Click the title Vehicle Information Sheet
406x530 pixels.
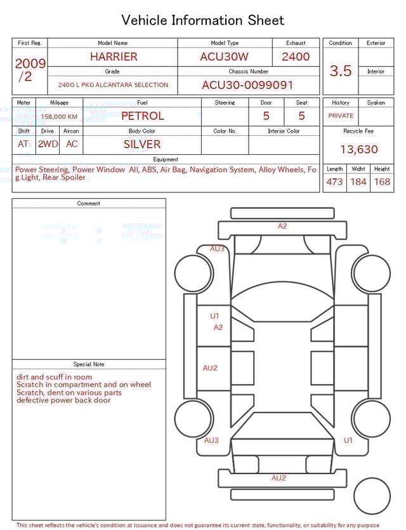203,20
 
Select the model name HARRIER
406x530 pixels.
113,56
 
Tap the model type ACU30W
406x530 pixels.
225,56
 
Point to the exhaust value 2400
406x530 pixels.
296,56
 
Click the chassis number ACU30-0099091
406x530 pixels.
247,85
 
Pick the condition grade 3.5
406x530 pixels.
341,71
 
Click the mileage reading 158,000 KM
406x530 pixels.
59,117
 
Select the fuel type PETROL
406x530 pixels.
142,116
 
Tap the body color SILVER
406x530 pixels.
142,144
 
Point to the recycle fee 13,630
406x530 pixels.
358,150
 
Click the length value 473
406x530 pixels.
334,182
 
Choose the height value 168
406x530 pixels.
382,182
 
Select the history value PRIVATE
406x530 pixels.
341,116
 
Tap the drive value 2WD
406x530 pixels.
48,144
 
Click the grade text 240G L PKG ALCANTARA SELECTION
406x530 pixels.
113,85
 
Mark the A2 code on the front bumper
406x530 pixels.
282,226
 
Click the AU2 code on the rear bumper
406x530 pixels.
278,478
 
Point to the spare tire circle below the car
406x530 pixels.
372,496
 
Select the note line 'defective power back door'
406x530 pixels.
63,401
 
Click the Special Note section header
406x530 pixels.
89,364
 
